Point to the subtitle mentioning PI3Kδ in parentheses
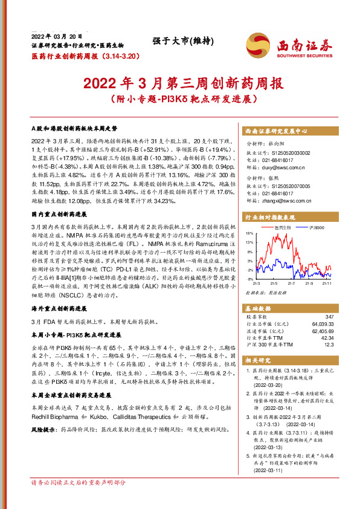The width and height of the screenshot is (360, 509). pos(179,97)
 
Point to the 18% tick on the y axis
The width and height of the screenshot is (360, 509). pos(249,249)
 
